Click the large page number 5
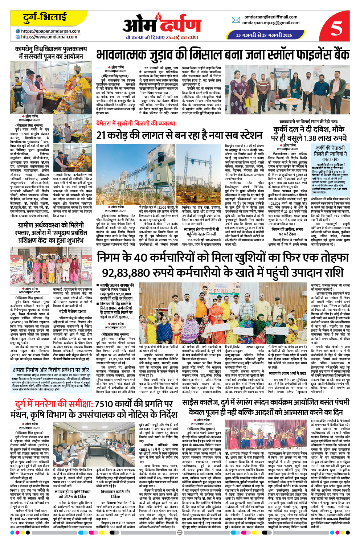(x=336, y=28)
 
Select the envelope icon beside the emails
(x=236, y=20)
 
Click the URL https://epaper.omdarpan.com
(x=50, y=31)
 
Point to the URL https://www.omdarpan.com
(x=49, y=37)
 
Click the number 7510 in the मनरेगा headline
(x=104, y=404)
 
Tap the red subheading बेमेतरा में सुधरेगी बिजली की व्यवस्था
(x=136, y=123)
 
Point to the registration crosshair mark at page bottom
(x=180, y=533)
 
